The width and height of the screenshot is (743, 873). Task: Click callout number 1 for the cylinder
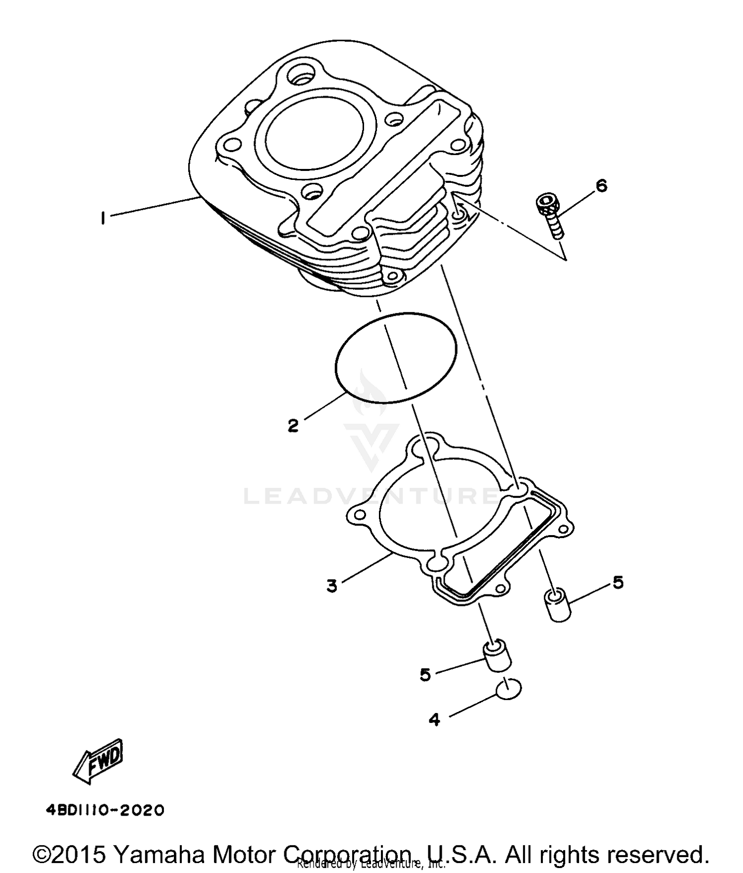pyautogui.click(x=103, y=218)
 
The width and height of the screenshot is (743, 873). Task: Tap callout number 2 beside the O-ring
pyautogui.click(x=293, y=425)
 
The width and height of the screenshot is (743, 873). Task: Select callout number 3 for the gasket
pyautogui.click(x=332, y=586)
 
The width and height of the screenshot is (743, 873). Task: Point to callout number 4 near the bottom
pyautogui.click(x=434, y=719)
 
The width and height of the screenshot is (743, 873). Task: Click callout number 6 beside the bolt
pyautogui.click(x=601, y=186)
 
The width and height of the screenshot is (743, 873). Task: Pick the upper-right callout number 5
pyautogui.click(x=618, y=582)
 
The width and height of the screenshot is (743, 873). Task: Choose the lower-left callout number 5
pyautogui.click(x=425, y=674)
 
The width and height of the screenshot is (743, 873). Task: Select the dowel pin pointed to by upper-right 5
pyautogui.click(x=558, y=604)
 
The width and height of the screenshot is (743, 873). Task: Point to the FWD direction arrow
pyautogui.click(x=99, y=761)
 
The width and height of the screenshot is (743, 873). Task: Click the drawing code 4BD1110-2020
pyautogui.click(x=105, y=810)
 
